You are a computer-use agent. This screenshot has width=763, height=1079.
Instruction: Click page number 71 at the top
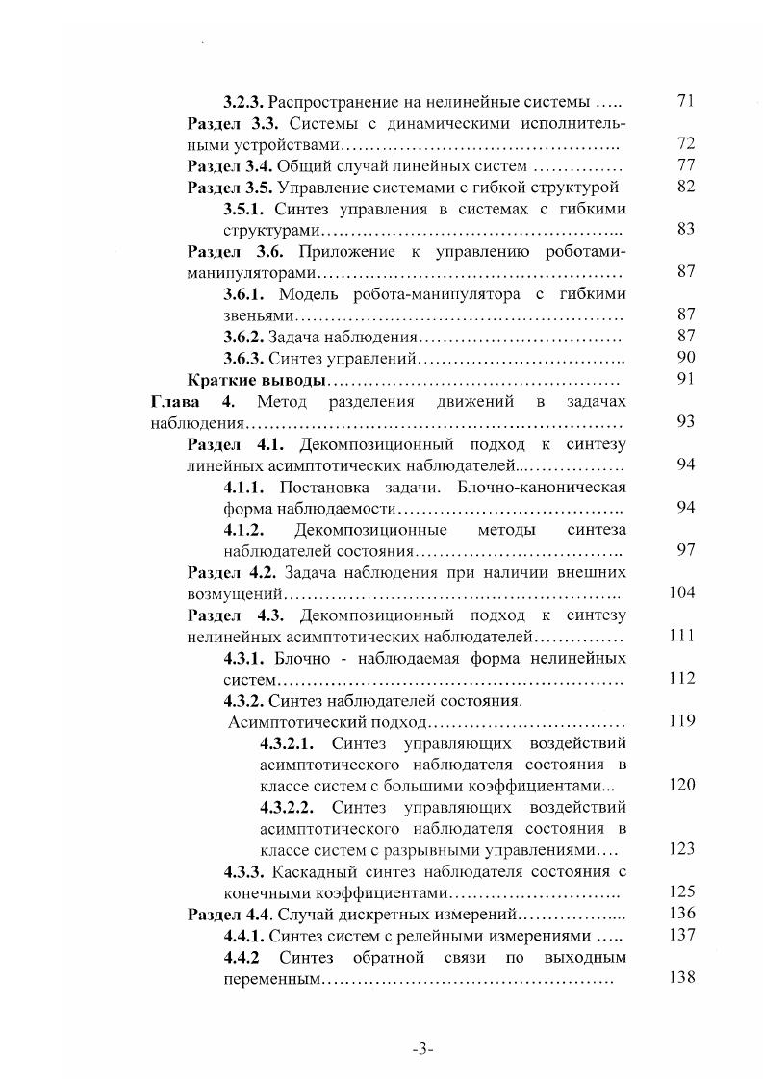coord(685,100)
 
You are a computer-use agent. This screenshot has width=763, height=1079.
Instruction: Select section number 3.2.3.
coord(243,100)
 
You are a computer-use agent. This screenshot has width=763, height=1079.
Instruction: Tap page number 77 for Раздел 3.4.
coord(685,164)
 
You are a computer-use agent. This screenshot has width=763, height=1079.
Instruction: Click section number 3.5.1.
coord(245,208)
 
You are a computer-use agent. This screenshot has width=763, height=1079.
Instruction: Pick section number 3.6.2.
coord(243,337)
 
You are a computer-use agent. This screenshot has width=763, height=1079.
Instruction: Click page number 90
coord(685,358)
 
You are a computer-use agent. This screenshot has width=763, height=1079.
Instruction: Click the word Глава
coord(174,401)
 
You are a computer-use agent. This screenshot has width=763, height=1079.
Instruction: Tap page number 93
coord(685,422)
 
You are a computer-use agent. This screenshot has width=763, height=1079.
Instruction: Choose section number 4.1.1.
coord(244,487)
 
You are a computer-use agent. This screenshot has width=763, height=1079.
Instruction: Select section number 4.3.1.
coord(244,658)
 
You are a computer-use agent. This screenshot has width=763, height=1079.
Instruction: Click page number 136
coord(681,914)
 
